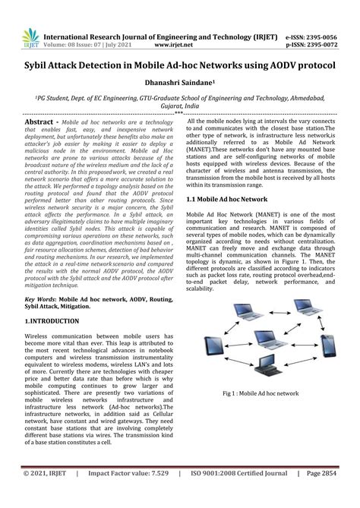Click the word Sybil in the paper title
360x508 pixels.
(42, 67)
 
